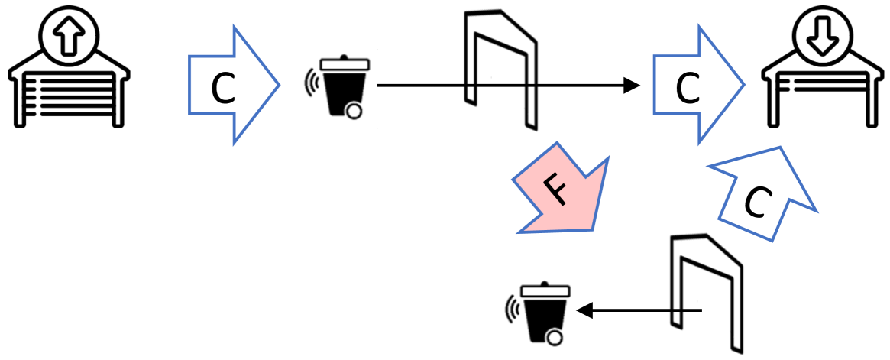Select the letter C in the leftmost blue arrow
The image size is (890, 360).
point(222,89)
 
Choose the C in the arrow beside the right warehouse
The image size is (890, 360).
point(688,90)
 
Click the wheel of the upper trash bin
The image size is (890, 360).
point(353,112)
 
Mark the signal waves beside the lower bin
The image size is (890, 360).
point(513,310)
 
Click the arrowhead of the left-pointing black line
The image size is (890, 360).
point(584,310)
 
